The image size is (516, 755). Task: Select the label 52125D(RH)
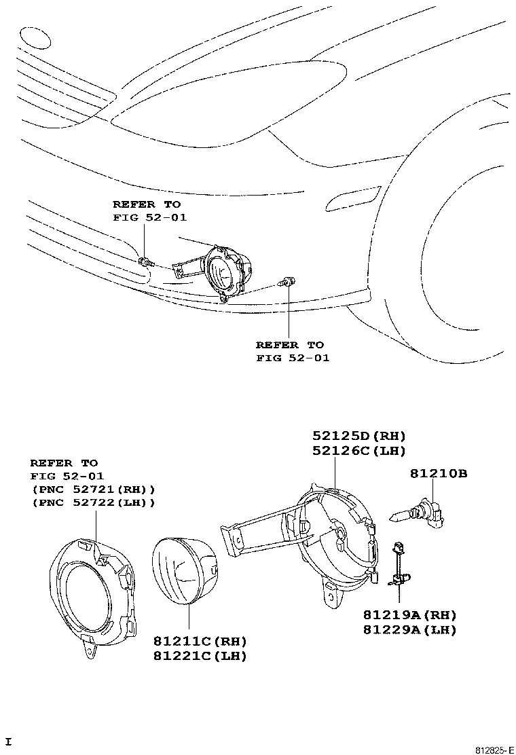click(358, 436)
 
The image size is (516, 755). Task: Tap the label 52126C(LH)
click(358, 450)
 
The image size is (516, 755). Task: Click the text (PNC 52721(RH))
click(92, 489)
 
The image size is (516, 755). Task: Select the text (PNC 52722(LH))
click(92, 502)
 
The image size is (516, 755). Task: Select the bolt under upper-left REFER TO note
click(146, 261)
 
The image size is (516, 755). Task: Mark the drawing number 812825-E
click(493, 750)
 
